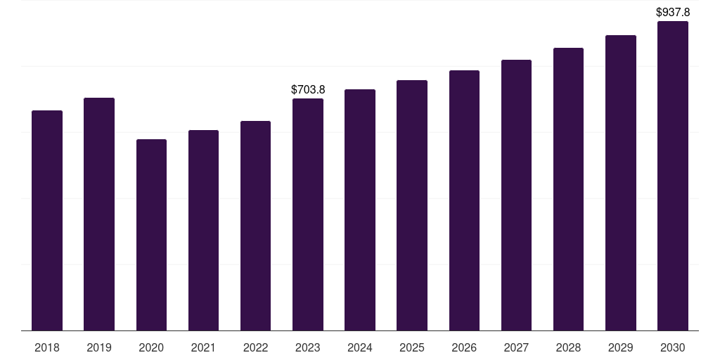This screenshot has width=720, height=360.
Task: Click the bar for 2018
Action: point(47,220)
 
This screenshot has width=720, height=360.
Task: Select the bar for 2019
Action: point(99,214)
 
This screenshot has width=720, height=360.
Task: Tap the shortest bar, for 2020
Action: point(152,235)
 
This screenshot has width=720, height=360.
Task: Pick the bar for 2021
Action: point(203,230)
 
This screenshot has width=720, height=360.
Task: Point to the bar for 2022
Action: point(256,226)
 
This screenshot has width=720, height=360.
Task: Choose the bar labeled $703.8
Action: point(308,214)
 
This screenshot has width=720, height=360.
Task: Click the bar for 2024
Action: point(360,210)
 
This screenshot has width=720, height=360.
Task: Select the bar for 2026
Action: point(464,200)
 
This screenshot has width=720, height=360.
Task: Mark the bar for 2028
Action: point(568,189)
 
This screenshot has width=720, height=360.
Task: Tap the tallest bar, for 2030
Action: point(673,176)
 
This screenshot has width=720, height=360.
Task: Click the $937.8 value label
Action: point(673,12)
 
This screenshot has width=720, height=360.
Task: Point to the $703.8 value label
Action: point(308,89)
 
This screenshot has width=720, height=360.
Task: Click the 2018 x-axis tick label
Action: point(47,347)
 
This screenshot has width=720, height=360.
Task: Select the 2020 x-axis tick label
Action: point(152,347)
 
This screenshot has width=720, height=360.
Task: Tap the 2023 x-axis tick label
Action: point(308,347)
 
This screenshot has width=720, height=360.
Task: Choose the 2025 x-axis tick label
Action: point(412,347)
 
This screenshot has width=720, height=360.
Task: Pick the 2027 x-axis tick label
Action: point(516,347)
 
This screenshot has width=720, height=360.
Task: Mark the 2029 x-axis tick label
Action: point(621,347)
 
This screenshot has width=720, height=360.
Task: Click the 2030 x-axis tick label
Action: point(673,347)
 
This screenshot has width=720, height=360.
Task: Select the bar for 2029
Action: point(621,183)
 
